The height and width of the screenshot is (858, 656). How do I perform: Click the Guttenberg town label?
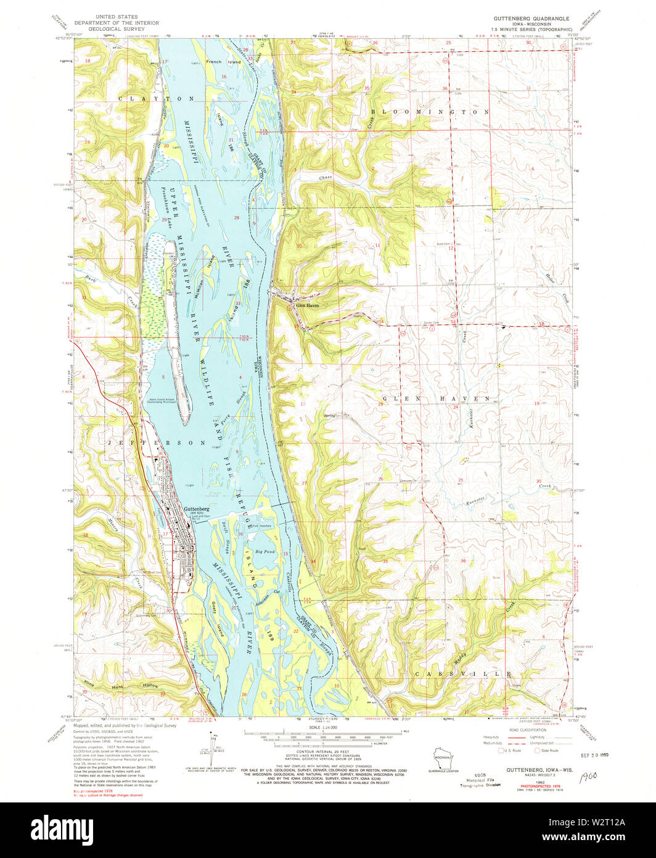point(196,509)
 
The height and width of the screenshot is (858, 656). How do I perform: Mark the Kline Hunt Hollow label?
point(120,686)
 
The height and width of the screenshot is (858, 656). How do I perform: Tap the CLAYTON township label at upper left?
point(157,99)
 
